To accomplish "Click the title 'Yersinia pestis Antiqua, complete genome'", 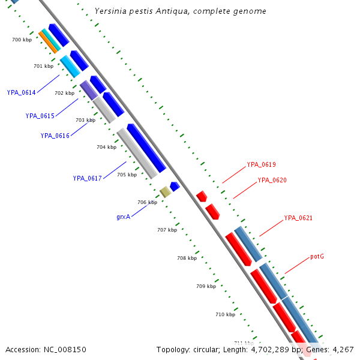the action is [x=181, y=11].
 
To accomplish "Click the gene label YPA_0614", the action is [x=21, y=92].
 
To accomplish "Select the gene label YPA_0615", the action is [x=40, y=116].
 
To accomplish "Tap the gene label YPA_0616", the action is [x=55, y=136].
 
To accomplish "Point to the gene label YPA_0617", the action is [x=87, y=178].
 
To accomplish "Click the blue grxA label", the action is [x=123, y=217].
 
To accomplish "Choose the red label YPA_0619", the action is [x=261, y=164].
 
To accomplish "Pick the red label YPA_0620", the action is [x=272, y=180].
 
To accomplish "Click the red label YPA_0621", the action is [x=298, y=218].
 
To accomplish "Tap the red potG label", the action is [x=317, y=257].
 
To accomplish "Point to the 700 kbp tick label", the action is [x=22, y=40].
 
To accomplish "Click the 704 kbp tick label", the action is [x=106, y=147].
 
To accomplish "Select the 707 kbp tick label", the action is [x=167, y=230].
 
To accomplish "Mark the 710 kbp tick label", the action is [x=225, y=314].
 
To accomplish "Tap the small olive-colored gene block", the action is [x=165, y=192].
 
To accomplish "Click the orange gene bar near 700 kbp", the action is [x=47, y=42].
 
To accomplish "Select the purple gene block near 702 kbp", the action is [x=88, y=90].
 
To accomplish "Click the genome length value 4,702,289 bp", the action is [x=271, y=349].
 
